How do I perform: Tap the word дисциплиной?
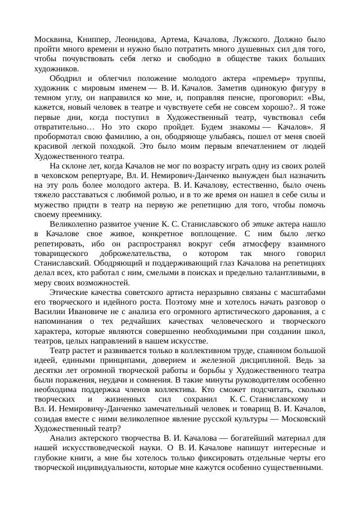(x=272, y=360)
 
